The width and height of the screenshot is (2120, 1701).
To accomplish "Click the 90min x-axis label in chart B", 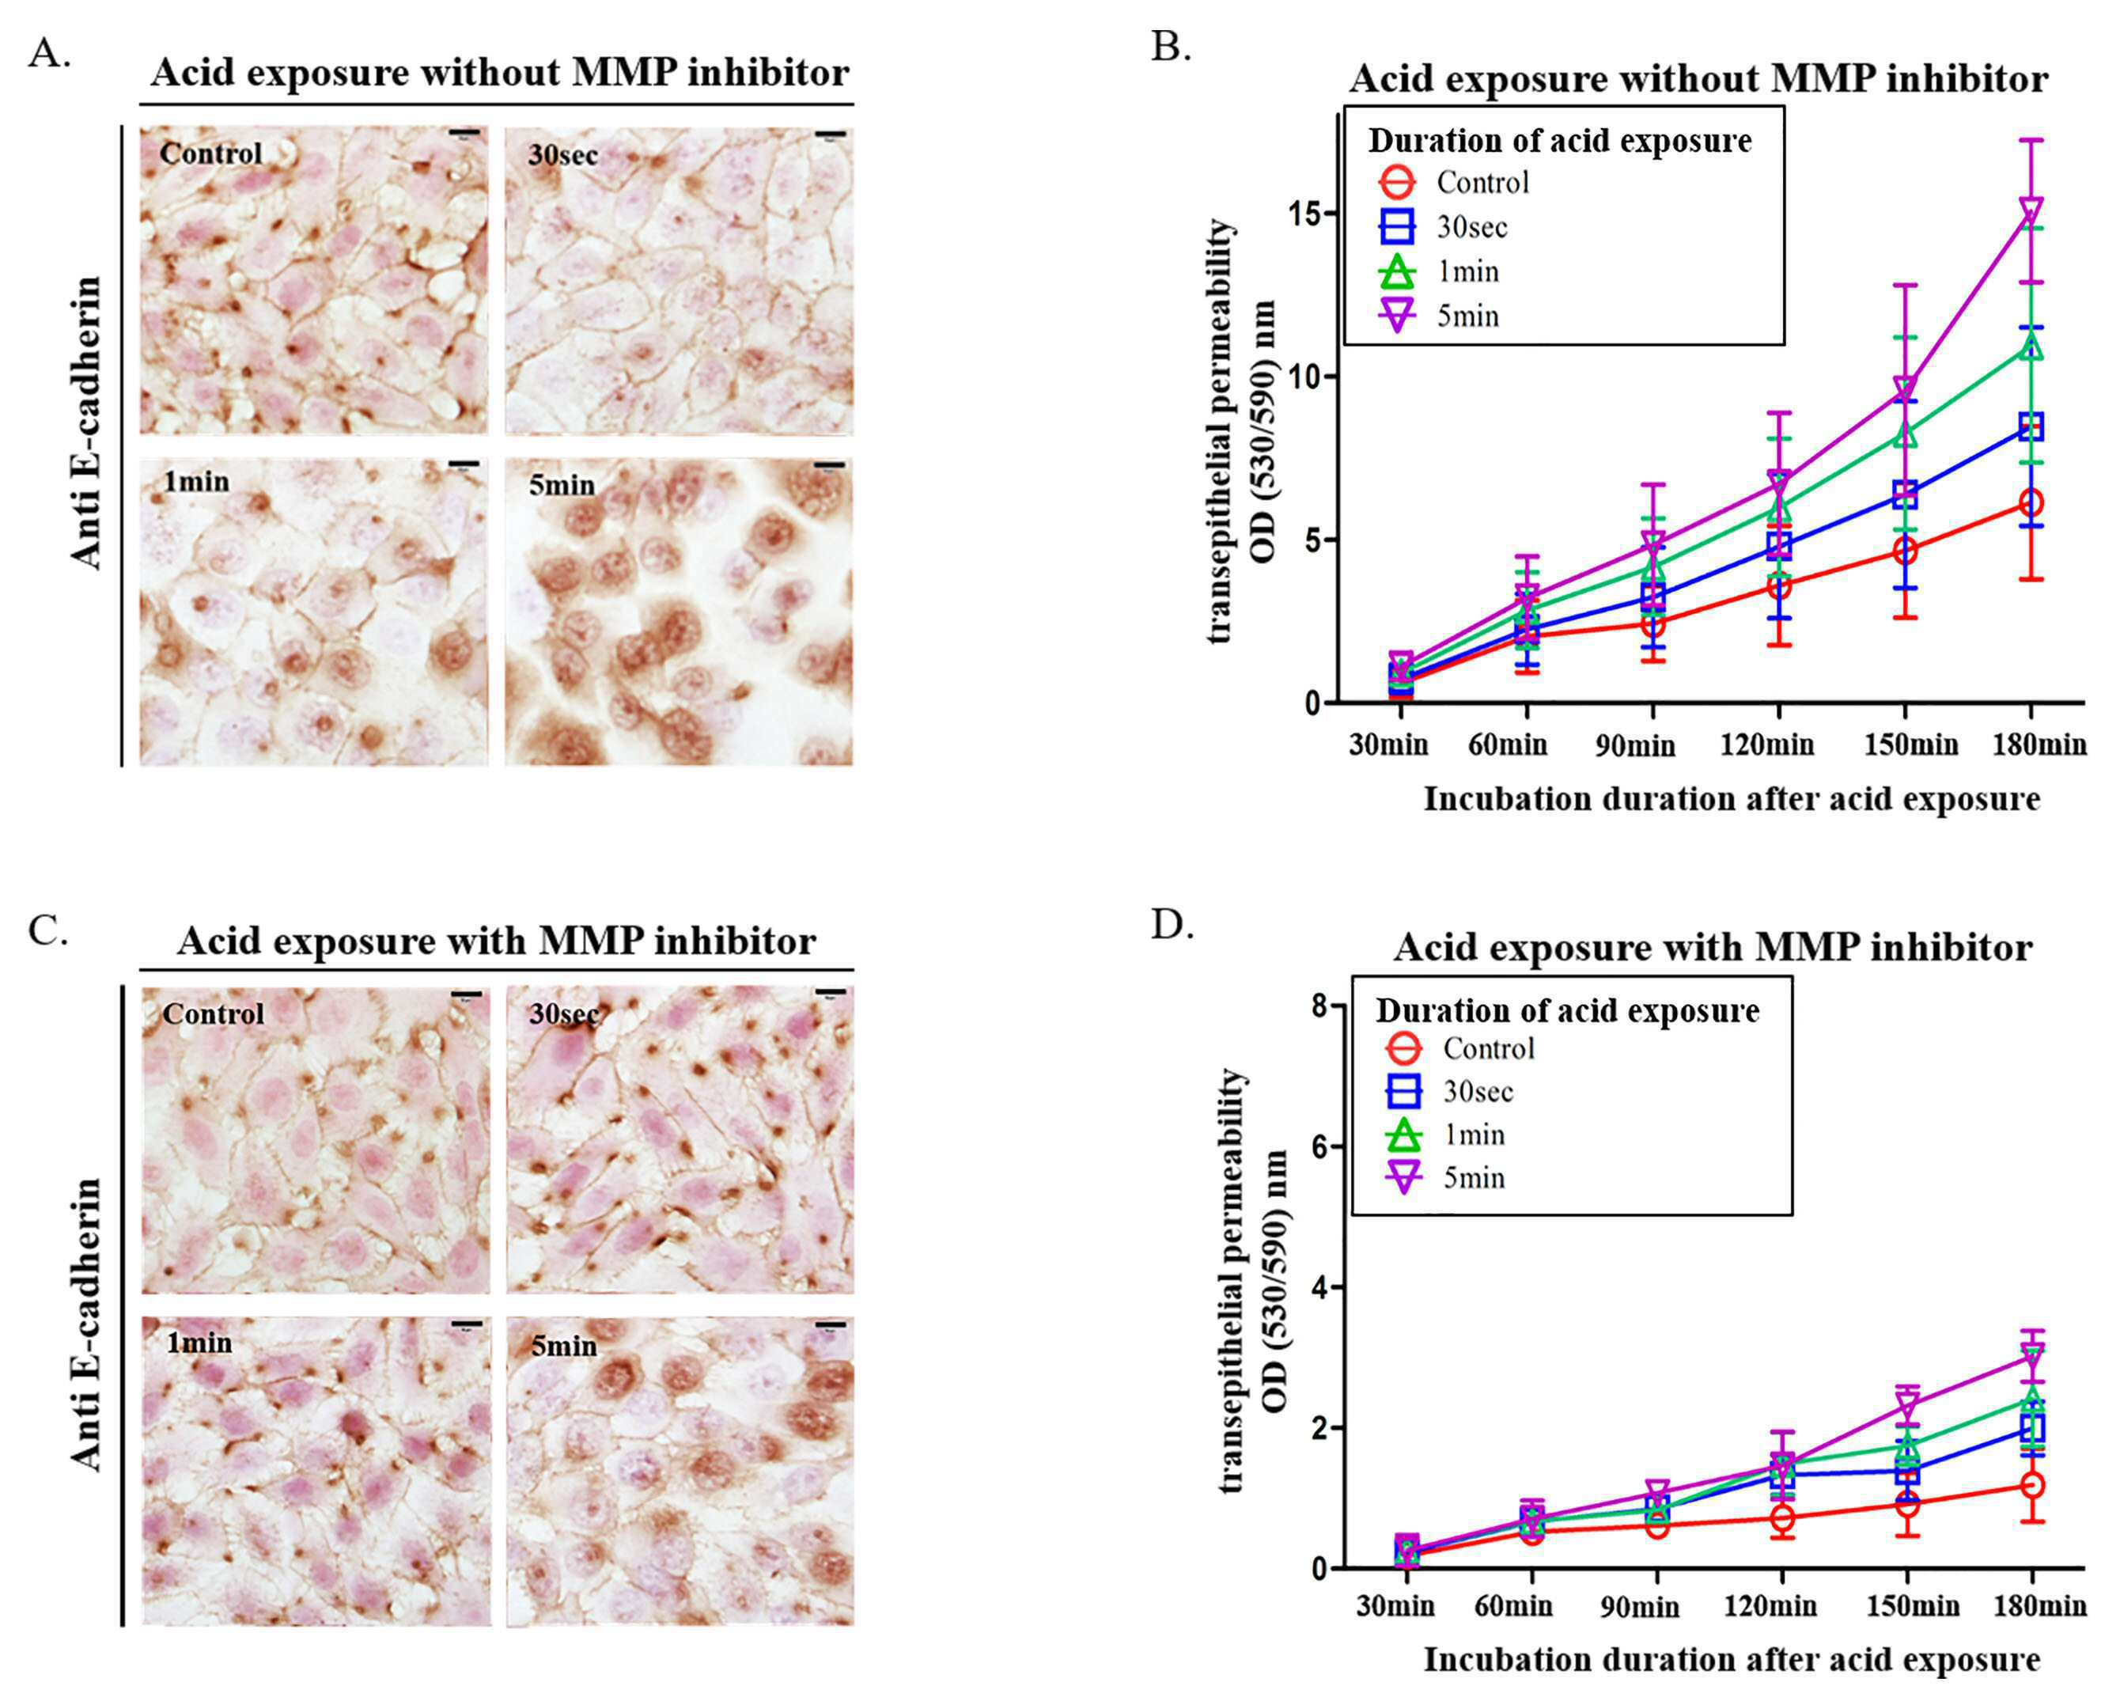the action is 1634,746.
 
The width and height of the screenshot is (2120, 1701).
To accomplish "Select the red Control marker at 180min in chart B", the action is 2031,502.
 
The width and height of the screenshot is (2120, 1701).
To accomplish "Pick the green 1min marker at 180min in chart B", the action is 2031,346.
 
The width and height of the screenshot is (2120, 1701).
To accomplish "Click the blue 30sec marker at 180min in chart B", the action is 2031,426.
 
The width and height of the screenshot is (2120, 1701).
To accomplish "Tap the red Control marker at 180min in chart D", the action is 2032,1485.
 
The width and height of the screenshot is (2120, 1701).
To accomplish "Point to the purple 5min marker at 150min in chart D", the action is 1906,1405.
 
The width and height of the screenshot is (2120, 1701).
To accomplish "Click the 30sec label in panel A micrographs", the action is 562,154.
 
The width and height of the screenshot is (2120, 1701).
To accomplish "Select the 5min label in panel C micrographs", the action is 563,1345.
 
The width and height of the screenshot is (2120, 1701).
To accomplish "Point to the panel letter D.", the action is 1172,924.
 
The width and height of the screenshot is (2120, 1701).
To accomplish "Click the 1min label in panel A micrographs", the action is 197,482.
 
